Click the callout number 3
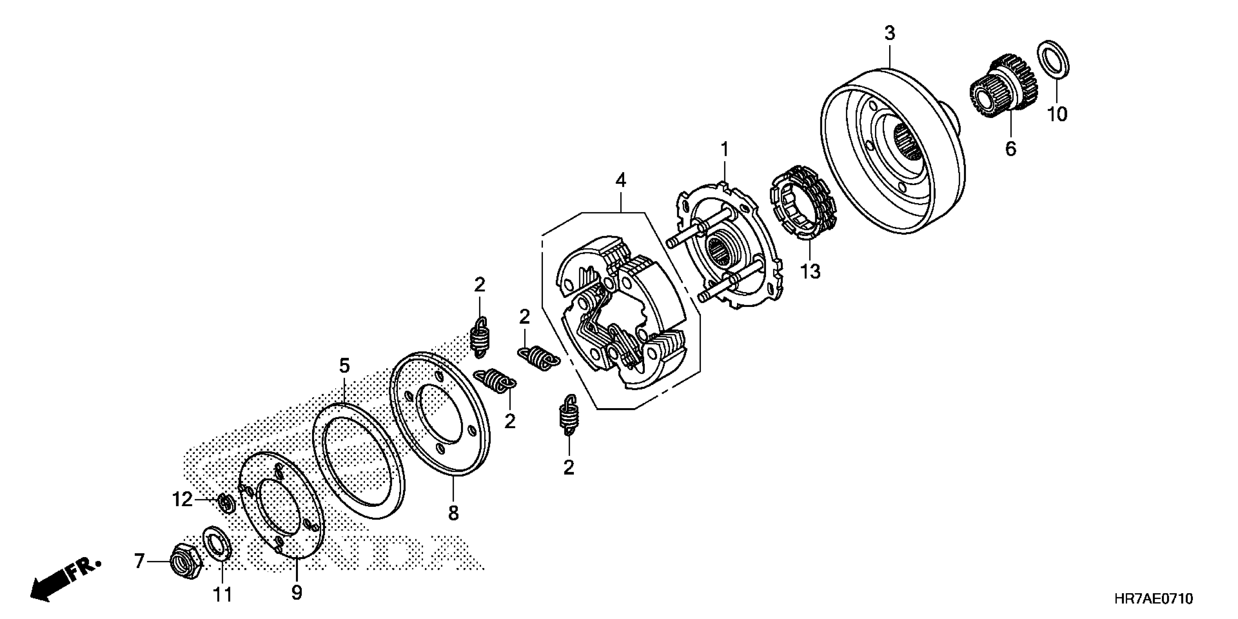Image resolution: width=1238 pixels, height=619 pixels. coord(890,33)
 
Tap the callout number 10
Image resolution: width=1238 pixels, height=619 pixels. coord(1057,114)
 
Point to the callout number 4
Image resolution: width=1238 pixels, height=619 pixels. coord(621,181)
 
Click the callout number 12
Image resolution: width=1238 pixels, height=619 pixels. coord(182,500)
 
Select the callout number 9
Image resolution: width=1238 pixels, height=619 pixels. coord(296,592)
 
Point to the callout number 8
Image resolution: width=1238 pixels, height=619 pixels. coord(453,513)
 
